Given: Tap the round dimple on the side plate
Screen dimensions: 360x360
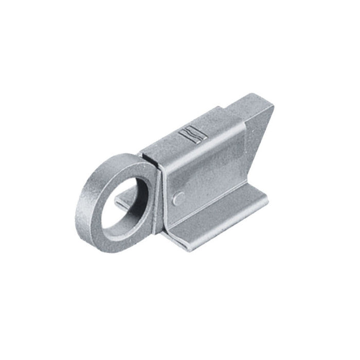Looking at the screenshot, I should (178, 196).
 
